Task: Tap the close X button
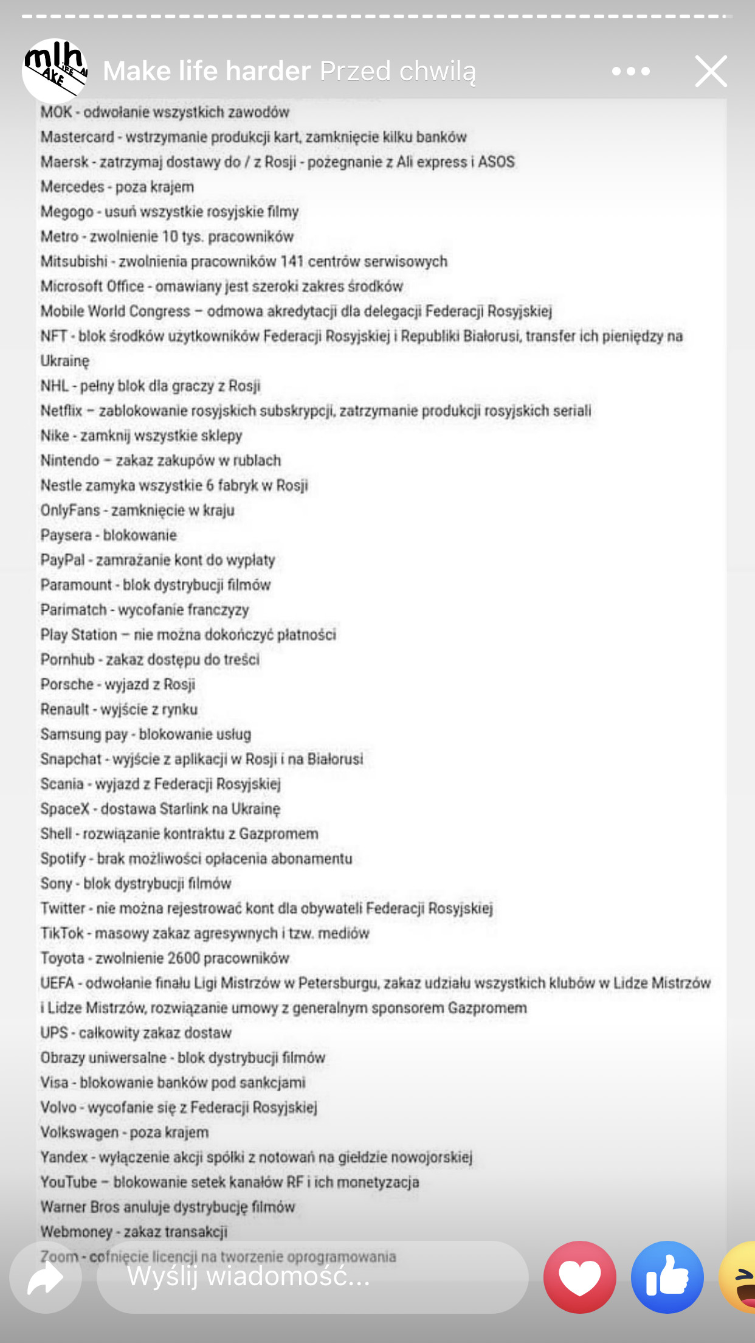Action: [711, 71]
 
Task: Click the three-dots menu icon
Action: [631, 71]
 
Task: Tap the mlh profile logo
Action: [55, 70]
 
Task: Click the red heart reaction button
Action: [579, 1277]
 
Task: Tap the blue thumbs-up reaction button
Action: [667, 1277]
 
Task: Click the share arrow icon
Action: [46, 1277]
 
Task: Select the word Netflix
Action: [61, 411]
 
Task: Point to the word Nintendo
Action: [69, 460]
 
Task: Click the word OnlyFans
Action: [70, 510]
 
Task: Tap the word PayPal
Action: [62, 560]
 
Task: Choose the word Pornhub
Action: [67, 659]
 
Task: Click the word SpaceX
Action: [64, 809]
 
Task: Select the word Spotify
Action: [63, 858]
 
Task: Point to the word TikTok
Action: [61, 933]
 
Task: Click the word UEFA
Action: [57, 983]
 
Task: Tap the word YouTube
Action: [69, 1182]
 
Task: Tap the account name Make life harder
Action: [207, 71]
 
